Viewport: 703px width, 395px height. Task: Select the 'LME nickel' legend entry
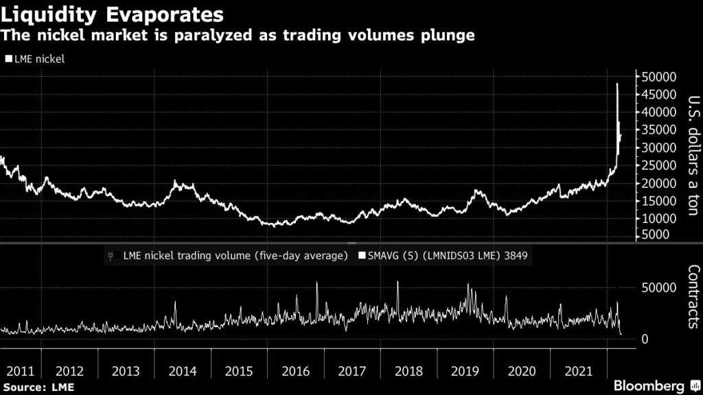39,59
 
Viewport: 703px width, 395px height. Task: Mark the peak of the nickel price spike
617,84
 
